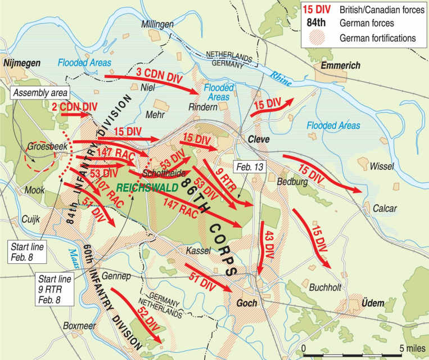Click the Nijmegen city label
click(21, 64)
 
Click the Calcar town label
click(384, 208)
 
